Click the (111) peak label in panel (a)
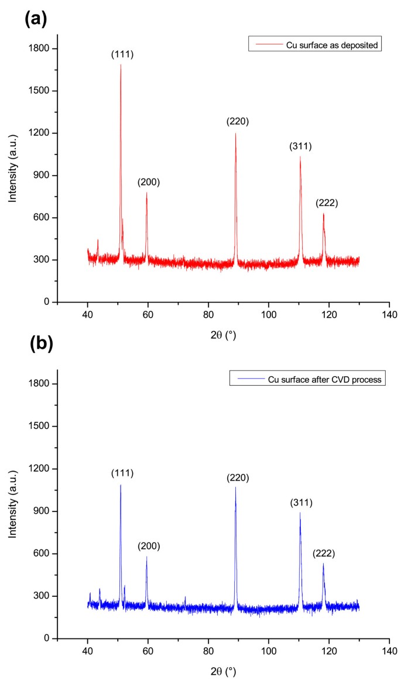pyautogui.click(x=122, y=54)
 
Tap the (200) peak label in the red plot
pyautogui.click(x=149, y=182)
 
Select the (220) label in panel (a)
pyautogui.click(x=238, y=122)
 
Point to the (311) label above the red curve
pyautogui.click(x=300, y=146)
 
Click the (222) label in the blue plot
pyautogui.click(x=323, y=552)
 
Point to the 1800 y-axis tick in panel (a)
pyautogui.click(x=43, y=49)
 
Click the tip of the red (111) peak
pyautogui.click(x=121, y=64)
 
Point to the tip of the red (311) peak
pyautogui.click(x=300, y=156)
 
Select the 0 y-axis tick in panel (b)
pyautogui.click(x=51, y=638)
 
